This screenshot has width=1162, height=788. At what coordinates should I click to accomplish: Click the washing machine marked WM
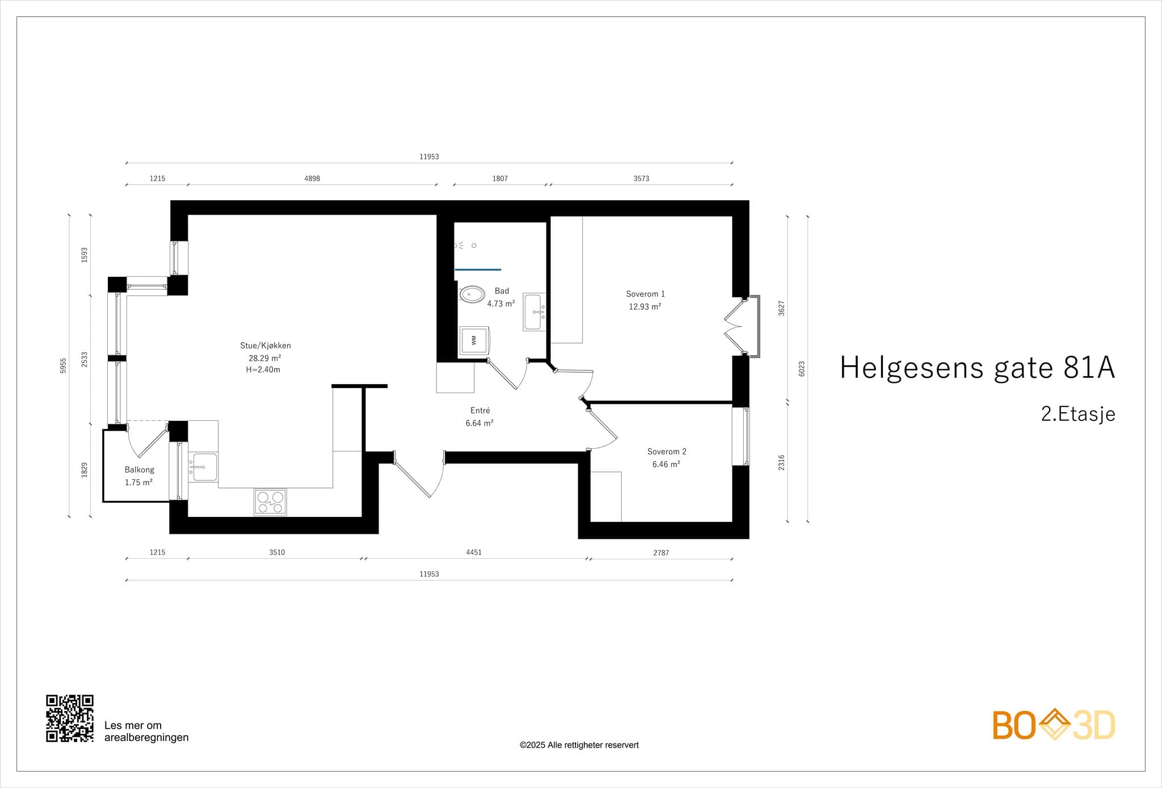474,340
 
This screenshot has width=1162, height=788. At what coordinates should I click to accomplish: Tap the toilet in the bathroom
471,294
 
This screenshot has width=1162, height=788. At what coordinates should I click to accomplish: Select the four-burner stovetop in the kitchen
270,502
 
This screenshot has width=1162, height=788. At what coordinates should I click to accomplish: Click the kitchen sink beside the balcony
203,467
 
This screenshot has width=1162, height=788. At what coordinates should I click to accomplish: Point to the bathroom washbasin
534,312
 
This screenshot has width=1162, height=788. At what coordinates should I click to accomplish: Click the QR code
70,718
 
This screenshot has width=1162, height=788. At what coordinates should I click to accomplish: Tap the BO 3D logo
1054,724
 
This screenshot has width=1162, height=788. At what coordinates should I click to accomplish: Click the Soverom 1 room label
645,294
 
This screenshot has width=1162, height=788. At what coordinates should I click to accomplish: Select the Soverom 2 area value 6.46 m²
666,464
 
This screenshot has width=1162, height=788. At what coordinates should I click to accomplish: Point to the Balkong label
140,470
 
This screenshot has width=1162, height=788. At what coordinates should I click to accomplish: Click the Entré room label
480,410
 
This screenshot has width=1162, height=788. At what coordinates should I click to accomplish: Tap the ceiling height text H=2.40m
263,369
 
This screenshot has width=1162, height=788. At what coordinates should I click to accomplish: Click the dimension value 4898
312,178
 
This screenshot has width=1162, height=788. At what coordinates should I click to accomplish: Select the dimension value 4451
474,552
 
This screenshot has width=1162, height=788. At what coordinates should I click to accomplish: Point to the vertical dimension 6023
802,369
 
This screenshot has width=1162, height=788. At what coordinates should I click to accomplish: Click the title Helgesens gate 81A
977,367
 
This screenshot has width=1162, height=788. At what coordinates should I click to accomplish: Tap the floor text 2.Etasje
1078,414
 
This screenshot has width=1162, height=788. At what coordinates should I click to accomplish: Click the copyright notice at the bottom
579,745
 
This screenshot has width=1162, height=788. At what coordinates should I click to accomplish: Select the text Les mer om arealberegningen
146,731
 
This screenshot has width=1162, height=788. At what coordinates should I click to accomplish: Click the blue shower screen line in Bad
478,269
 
